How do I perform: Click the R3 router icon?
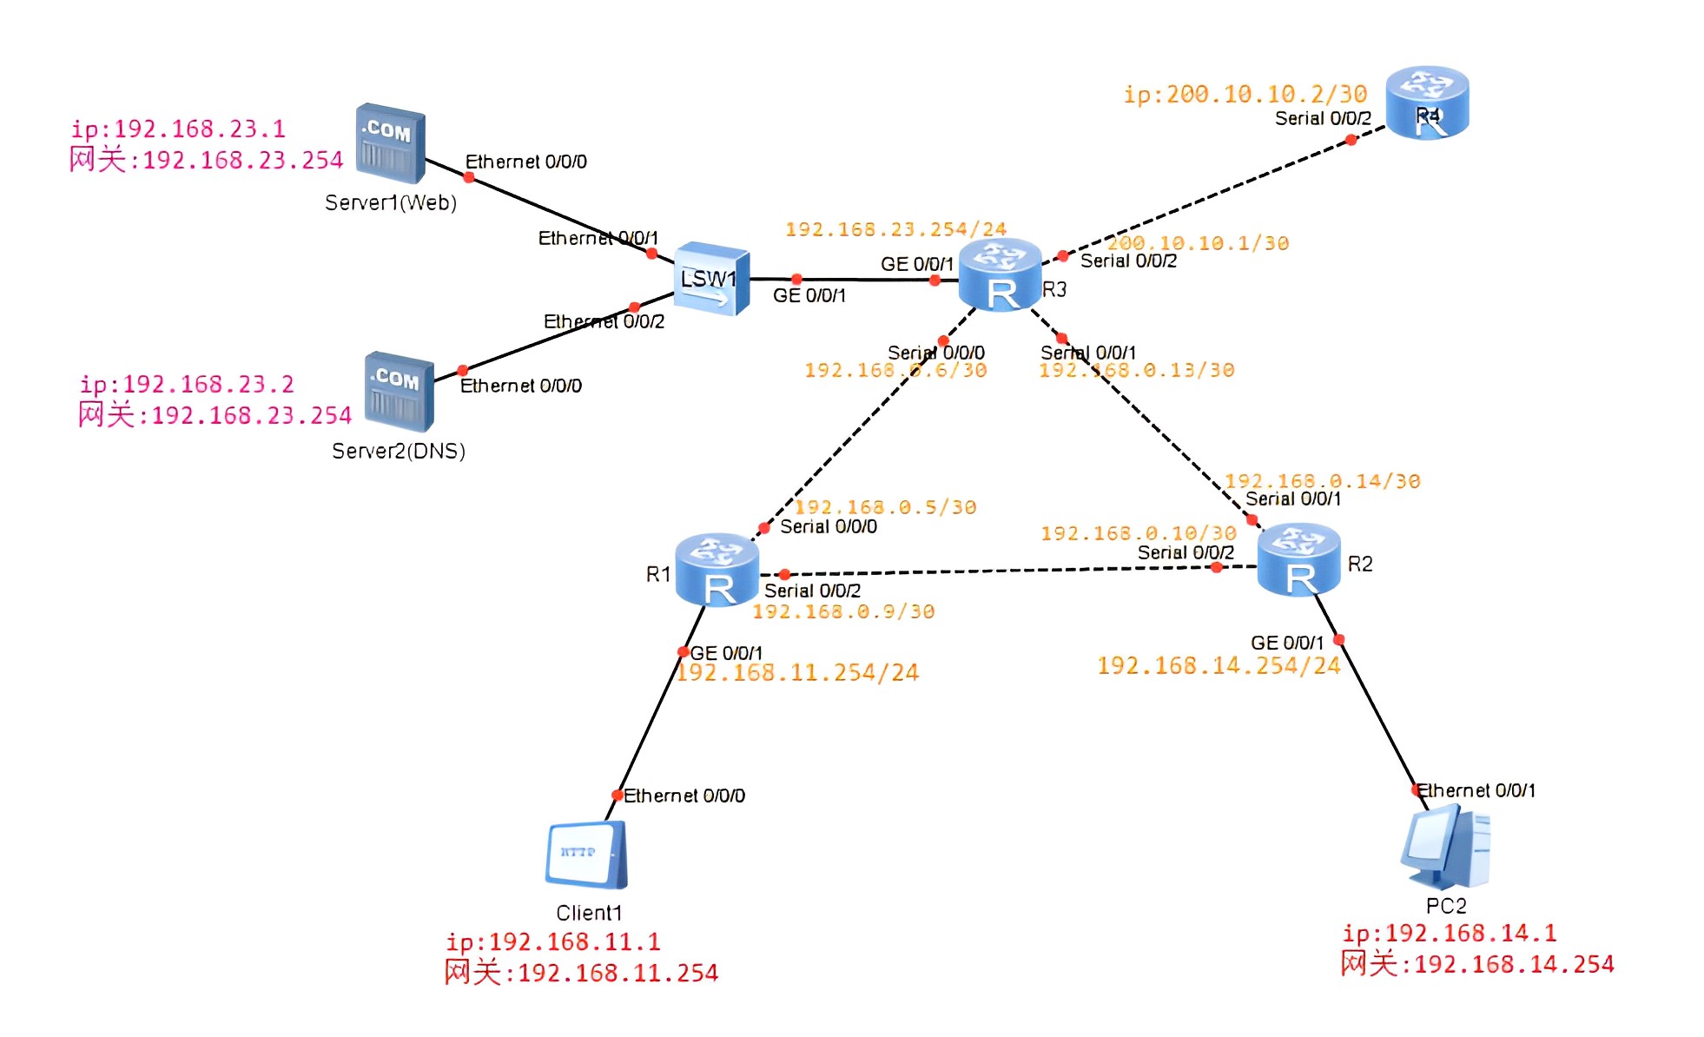(x=1000, y=274)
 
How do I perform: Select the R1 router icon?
(x=717, y=570)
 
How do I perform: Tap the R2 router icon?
(x=1298, y=560)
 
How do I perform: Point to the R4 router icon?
(x=1427, y=102)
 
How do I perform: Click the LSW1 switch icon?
(x=711, y=279)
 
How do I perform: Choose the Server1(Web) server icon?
(x=390, y=144)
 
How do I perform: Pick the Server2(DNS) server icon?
(x=399, y=392)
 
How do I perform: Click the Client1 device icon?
(x=586, y=855)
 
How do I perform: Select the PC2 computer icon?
(x=1445, y=847)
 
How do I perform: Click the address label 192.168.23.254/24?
(x=895, y=229)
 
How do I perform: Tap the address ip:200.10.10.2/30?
(x=1245, y=94)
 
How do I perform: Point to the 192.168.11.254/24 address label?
(x=797, y=673)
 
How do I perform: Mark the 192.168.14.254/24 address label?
(x=1219, y=666)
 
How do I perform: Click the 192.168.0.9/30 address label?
(x=843, y=611)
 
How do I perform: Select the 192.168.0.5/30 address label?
(x=885, y=507)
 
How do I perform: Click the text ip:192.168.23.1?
(x=178, y=129)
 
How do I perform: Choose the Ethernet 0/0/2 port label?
(x=604, y=322)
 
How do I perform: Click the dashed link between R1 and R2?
(x=999, y=571)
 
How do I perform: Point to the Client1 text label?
(x=589, y=913)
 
